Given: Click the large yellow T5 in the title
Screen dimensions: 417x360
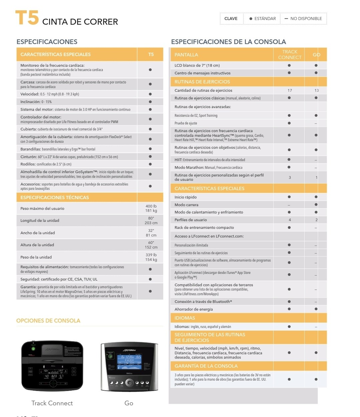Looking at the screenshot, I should (27, 18).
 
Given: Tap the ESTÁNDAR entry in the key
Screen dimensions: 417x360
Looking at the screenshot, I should (263, 19).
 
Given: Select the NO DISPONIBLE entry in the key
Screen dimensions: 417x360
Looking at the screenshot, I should (303, 19).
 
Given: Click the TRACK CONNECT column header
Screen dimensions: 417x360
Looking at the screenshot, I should (289, 54).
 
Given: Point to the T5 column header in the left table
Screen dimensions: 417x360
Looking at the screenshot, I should (151, 54).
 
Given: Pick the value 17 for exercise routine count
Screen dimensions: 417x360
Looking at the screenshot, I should (290, 90).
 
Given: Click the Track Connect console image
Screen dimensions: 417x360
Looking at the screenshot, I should (52, 366).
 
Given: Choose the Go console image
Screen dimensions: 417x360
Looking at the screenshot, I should (129, 367).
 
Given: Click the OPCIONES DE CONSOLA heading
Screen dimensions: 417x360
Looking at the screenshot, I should (48, 321).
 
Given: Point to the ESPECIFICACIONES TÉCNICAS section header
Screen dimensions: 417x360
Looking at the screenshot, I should (55, 197).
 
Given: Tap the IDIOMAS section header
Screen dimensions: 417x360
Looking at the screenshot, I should (185, 318).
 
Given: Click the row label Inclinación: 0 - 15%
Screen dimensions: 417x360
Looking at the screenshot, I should (36, 102).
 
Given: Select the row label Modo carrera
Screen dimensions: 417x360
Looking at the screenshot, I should (187, 205).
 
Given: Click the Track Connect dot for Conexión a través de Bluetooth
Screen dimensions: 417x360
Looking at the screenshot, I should (289, 302).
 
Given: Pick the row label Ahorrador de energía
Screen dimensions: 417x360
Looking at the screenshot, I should (194, 309).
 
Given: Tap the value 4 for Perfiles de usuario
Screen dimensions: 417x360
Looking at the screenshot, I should (290, 220).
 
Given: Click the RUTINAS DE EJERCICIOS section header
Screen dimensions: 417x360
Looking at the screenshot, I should (202, 82).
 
